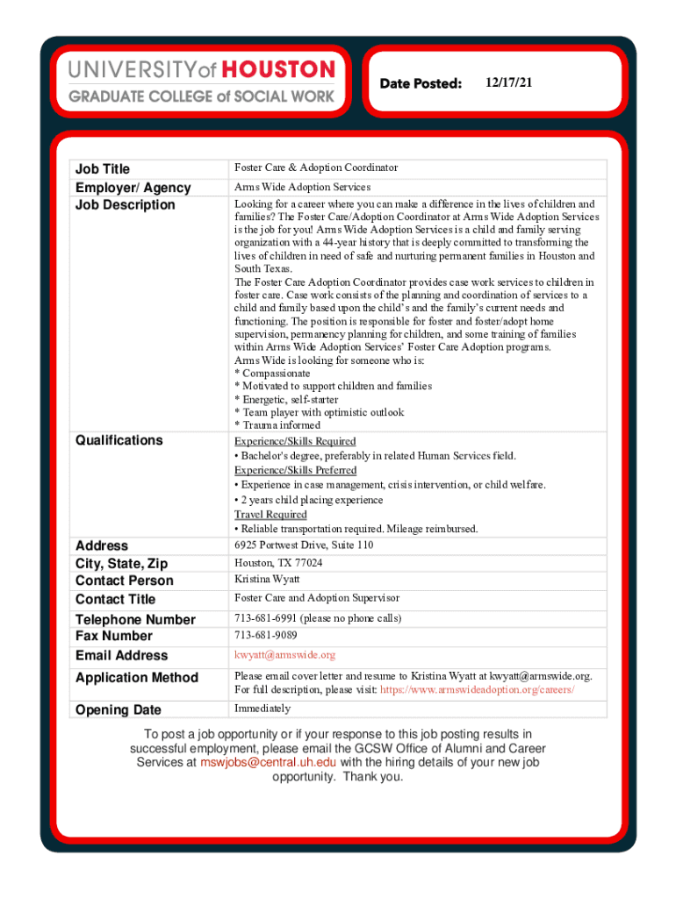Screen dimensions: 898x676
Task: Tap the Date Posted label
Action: click(421, 83)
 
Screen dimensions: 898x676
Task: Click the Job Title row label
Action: click(103, 168)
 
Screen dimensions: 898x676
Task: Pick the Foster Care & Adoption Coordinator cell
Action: click(316, 167)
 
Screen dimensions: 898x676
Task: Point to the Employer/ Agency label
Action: click(133, 187)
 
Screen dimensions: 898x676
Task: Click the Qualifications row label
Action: click(119, 440)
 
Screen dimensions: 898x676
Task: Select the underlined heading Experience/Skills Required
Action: click(295, 441)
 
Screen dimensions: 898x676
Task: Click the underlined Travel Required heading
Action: click(270, 515)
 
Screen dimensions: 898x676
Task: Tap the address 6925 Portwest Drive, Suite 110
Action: click(304, 545)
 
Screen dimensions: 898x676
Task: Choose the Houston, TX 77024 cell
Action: click(278, 563)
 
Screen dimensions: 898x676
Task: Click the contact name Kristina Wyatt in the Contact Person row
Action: click(267, 580)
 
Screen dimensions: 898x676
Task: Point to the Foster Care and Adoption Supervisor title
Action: click(317, 598)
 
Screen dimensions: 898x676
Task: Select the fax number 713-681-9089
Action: click(265, 635)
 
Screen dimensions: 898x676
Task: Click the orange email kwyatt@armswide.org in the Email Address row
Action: click(284, 655)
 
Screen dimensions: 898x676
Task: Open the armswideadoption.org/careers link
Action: click(478, 690)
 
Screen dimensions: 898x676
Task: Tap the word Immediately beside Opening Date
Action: click(262, 709)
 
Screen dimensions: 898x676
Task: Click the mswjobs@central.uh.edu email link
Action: click(268, 762)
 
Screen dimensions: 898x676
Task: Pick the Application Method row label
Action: click(137, 677)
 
